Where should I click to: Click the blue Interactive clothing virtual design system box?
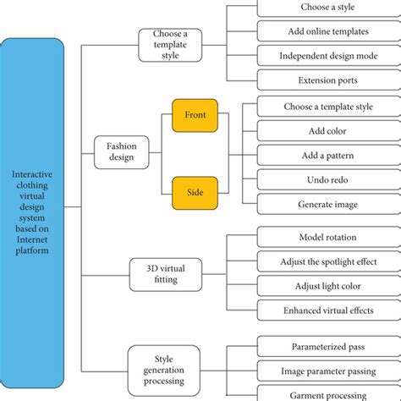(32, 213)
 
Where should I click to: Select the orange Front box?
(195, 115)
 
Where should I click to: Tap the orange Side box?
(195, 191)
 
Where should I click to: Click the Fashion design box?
(121, 152)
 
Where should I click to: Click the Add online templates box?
(328, 31)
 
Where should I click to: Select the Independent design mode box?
(328, 56)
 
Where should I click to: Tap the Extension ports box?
(328, 80)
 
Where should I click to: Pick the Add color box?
(328, 131)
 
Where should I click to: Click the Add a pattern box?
(328, 156)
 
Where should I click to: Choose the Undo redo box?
(328, 180)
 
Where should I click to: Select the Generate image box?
(328, 205)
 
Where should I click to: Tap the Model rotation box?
(328, 238)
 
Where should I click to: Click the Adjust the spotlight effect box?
(328, 262)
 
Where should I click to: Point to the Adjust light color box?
(328, 287)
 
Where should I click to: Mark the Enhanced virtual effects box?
(328, 311)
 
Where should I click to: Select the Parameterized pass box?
(328, 346)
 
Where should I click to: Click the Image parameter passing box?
(328, 371)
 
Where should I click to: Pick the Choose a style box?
(328, 8)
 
